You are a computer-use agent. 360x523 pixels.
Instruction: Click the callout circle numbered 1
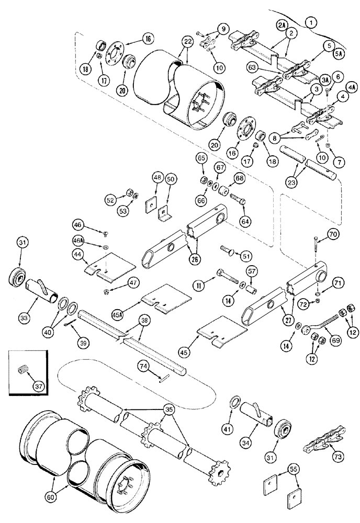[x=312, y=22]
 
